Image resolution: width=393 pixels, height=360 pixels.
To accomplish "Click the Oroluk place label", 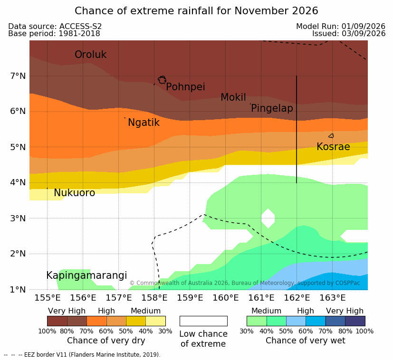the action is [90, 55].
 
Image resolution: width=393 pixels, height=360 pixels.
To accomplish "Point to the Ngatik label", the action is [144, 123].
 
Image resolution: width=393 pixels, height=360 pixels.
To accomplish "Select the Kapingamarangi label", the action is [86, 275].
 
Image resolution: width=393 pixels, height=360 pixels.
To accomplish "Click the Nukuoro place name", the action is [75, 193].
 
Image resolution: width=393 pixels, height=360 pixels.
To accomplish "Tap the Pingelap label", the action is [272, 108].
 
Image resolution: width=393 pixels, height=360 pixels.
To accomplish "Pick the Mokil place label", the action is [233, 97].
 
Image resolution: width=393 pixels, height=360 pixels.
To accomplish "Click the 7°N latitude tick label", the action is [18, 76].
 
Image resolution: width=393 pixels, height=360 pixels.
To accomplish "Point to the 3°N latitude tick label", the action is [18, 218].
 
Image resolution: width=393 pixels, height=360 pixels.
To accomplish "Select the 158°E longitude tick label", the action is [154, 298].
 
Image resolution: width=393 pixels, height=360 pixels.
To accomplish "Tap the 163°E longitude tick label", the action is [333, 298].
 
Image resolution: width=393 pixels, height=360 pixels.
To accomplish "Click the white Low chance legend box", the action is [203, 321].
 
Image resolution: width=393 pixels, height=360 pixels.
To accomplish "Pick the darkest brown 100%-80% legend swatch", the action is [57, 321].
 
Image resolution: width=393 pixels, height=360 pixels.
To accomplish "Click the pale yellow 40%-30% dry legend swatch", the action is [156, 321].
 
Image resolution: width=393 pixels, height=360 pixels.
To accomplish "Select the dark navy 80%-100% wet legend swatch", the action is [355, 321].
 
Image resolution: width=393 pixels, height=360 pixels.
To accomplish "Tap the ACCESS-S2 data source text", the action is [80, 26].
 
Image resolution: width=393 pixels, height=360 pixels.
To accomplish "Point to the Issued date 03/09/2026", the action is [364, 34].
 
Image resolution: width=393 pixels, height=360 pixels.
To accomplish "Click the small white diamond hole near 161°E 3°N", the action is [268, 218].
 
